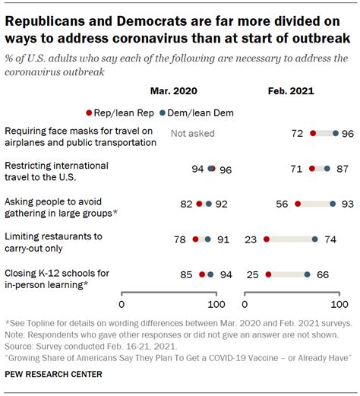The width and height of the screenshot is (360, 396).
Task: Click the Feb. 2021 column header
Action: coord(291,90)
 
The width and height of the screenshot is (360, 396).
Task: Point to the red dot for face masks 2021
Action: coord(314,134)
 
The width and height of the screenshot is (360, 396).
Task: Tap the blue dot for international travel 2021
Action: coord(327,169)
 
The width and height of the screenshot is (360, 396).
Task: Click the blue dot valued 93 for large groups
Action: coord(333,204)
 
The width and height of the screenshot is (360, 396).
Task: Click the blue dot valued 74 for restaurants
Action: coord(314,239)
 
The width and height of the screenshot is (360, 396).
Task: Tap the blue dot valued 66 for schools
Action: coord(307,274)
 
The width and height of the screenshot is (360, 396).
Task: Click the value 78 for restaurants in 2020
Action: coord(180,239)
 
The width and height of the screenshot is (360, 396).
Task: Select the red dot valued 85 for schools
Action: coord(202,274)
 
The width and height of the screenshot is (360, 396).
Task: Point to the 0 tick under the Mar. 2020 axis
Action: coord(122,304)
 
